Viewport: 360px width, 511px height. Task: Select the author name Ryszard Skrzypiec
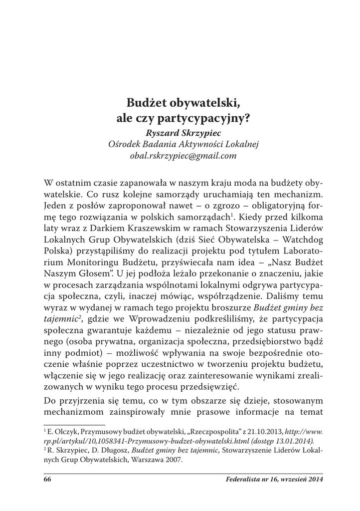180,133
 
